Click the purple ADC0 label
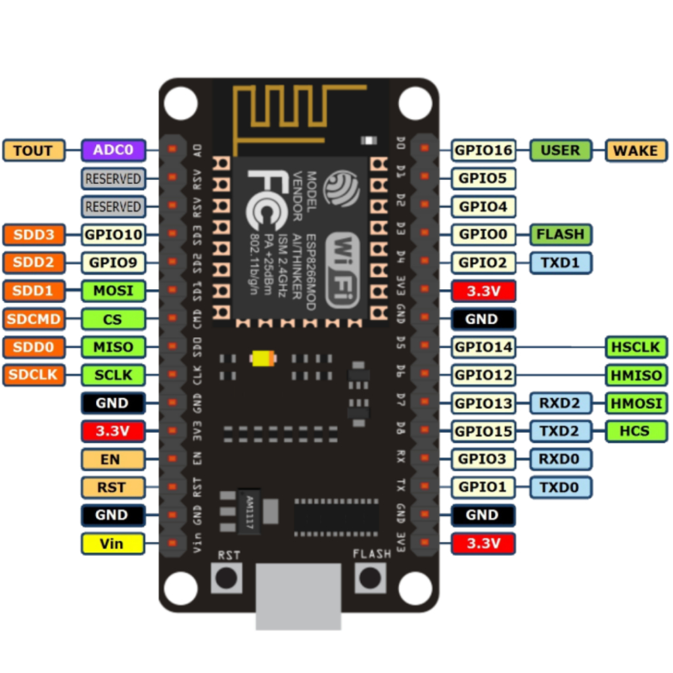coord(112,151)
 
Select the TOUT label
coord(34,151)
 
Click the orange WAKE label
coord(635,151)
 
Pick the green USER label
coord(561,151)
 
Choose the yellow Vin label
coord(112,544)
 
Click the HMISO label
coord(636,375)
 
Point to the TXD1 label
coord(561,262)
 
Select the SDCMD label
coord(34,319)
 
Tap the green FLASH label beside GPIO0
coord(561,234)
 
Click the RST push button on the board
coord(227,578)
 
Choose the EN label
coord(112,459)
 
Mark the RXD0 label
coord(561,459)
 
